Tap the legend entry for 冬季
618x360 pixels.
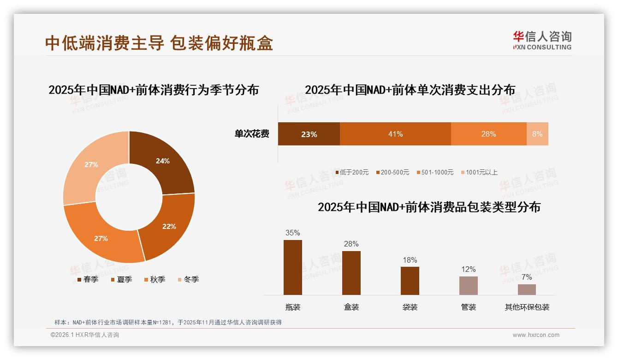click(188, 279)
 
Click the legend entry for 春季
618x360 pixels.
click(87, 279)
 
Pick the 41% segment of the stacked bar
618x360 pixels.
click(395, 134)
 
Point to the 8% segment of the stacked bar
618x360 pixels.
click(537, 134)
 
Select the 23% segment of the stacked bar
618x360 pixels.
click(309, 134)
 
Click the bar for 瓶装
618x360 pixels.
click(293, 267)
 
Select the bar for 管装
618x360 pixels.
click(468, 285)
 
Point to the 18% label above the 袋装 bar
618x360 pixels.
click(410, 260)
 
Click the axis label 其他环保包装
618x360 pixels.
click(527, 307)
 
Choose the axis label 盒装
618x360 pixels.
click(351, 307)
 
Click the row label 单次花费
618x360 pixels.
click(252, 134)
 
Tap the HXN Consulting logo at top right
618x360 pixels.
click(542, 40)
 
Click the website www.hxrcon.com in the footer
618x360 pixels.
click(536, 335)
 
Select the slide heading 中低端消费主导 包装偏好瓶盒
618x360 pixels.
click(159, 43)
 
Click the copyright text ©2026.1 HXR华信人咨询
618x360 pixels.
click(85, 335)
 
